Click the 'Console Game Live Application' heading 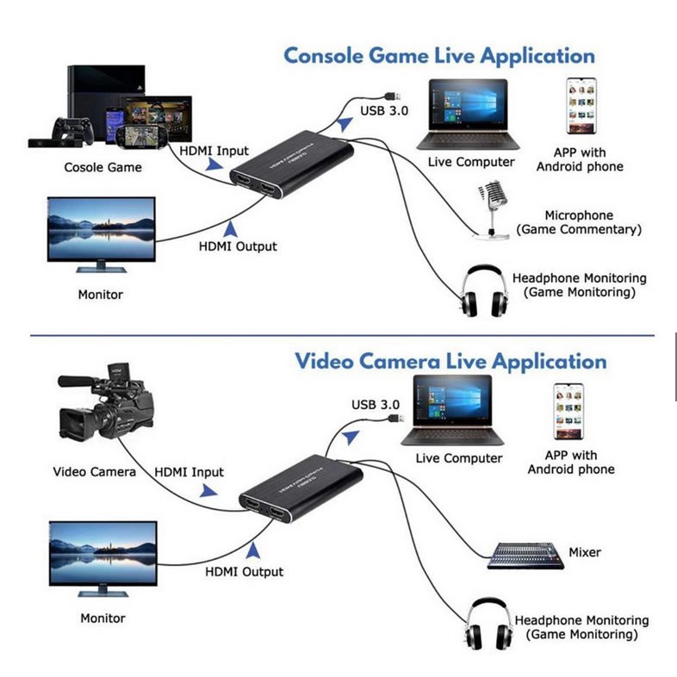pyautogui.click(x=439, y=57)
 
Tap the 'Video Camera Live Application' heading pyautogui.click(x=450, y=362)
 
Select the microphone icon pyautogui.click(x=491, y=210)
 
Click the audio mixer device pyautogui.click(x=525, y=556)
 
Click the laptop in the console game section pyautogui.click(x=468, y=115)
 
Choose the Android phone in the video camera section pyautogui.click(x=568, y=412)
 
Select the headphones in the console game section pyautogui.click(x=484, y=291)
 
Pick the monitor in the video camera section pyautogui.click(x=103, y=559)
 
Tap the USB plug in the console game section pyautogui.click(x=393, y=96)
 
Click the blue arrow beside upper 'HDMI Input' pyautogui.click(x=214, y=165)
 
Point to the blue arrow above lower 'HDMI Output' pyautogui.click(x=253, y=550)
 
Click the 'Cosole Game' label pyautogui.click(x=102, y=167)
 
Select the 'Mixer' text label pyautogui.click(x=585, y=552)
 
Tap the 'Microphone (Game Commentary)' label pyautogui.click(x=579, y=222)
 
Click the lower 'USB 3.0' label pyautogui.click(x=376, y=405)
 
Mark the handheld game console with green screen pyautogui.click(x=141, y=137)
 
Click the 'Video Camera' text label pyautogui.click(x=94, y=472)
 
